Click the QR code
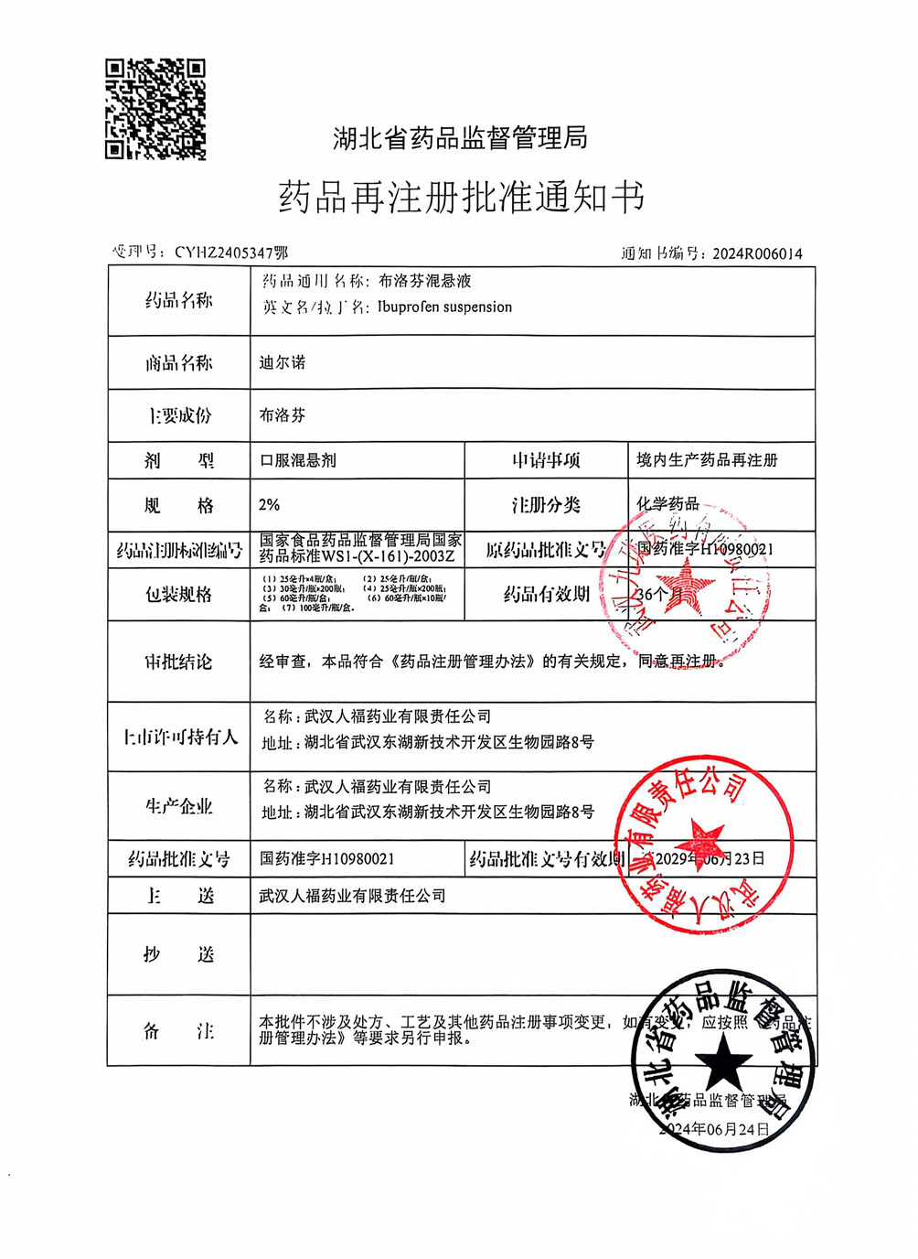155,109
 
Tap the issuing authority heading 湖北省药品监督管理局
460,139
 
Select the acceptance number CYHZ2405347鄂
230,253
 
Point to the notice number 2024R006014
757,253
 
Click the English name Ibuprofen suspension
444,307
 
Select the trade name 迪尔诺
282,363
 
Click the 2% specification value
269,505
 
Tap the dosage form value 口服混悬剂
298,460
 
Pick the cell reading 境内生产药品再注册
707,460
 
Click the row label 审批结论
178,662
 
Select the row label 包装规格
178,595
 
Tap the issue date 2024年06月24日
716,1129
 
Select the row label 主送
178,896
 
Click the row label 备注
178,1031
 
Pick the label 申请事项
546,460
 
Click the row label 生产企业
178,806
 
